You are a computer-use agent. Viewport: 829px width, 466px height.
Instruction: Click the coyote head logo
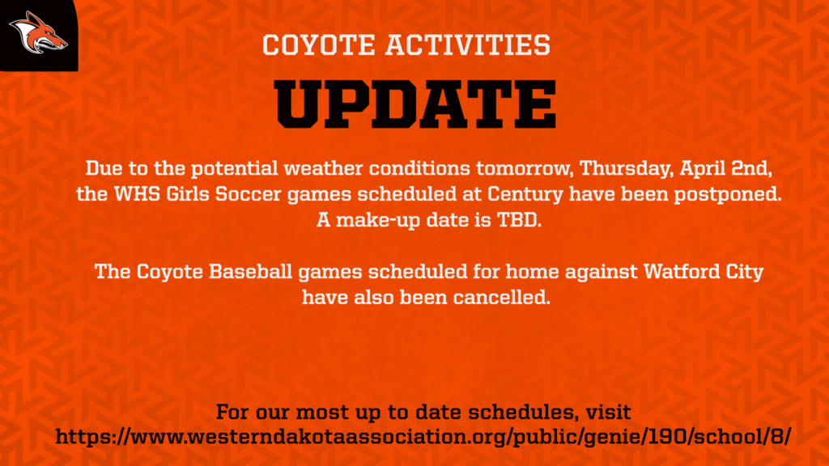[x=38, y=33]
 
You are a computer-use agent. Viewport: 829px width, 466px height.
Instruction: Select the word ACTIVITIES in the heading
[x=468, y=45]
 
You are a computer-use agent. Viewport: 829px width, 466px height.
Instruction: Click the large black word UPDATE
[x=415, y=104]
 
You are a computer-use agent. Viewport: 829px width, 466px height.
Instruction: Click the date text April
[x=703, y=169]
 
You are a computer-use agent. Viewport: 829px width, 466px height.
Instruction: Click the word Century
[x=525, y=195]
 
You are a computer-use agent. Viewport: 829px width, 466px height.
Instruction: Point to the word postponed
[x=728, y=195]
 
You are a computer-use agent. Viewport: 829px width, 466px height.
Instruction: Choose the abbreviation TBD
[x=519, y=220]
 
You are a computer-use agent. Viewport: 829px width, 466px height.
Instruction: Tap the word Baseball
[x=250, y=272]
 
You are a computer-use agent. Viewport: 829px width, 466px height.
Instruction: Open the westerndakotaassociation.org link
[x=423, y=438]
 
